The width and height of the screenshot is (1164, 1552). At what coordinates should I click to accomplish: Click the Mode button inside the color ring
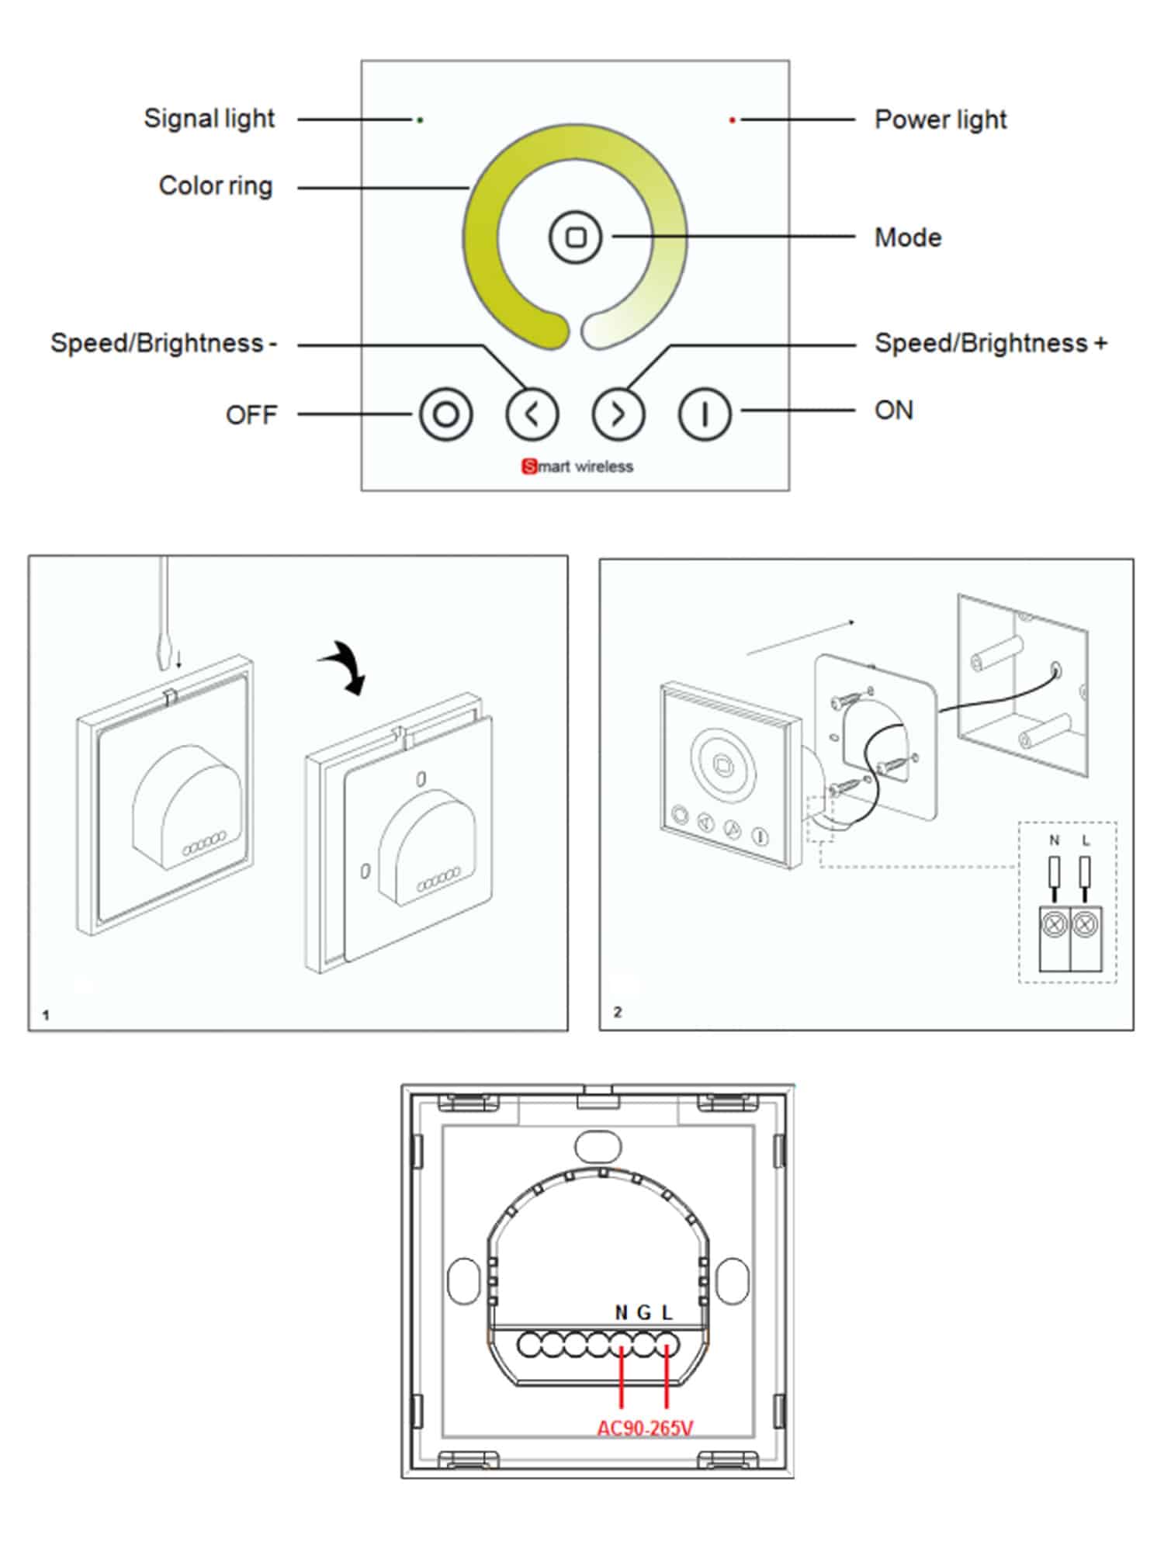tap(575, 237)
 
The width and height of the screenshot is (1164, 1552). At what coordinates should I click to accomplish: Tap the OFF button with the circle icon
tap(445, 414)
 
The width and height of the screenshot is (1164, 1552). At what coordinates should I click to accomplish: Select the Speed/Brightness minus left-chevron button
tap(532, 414)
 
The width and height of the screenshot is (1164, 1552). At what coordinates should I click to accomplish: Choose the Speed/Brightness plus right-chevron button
tap(618, 414)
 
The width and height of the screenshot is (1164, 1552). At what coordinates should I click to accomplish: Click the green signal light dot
tap(420, 120)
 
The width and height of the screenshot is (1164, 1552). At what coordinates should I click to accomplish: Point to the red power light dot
tap(732, 120)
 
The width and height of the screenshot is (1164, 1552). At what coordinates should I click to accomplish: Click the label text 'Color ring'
tap(216, 186)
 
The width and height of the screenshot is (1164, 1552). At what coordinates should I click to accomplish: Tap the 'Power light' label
tap(940, 120)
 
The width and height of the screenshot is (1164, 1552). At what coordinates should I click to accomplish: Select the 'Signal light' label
tap(209, 119)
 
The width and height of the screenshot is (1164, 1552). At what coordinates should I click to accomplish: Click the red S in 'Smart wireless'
tap(529, 466)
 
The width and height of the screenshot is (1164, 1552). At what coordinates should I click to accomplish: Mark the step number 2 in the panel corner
tap(618, 1012)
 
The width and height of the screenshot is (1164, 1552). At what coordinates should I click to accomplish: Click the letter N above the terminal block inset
tap(1054, 840)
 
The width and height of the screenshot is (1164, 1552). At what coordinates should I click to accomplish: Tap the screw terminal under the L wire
tap(1085, 924)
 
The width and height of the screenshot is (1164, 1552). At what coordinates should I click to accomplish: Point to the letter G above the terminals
tap(643, 1312)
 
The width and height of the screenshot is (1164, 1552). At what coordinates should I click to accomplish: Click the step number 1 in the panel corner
tap(46, 1015)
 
